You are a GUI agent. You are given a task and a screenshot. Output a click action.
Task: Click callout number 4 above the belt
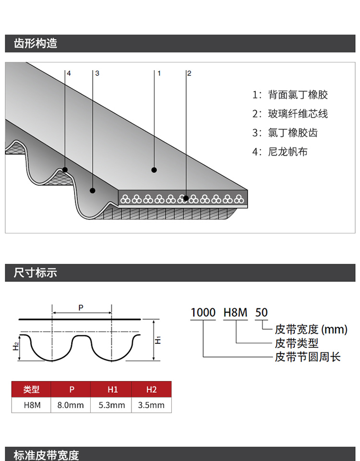tap(69, 73)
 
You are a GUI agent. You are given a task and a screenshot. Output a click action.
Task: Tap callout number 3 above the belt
tap(97, 73)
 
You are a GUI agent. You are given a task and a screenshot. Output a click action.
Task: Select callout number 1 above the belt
tap(159, 73)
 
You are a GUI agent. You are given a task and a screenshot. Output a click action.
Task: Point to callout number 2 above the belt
tap(189, 73)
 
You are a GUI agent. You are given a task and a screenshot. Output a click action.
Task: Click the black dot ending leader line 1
tap(154, 170)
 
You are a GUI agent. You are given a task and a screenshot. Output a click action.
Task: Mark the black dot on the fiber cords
tap(186, 198)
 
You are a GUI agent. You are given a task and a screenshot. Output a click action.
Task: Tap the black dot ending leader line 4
tap(65, 170)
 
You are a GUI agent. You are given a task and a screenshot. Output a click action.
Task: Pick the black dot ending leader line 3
tap(93, 191)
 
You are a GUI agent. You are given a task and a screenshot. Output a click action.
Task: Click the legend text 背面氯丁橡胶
tap(298, 95)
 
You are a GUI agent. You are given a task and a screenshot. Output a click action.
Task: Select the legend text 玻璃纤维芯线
tap(298, 114)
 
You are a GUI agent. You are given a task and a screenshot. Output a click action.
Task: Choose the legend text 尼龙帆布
tap(288, 152)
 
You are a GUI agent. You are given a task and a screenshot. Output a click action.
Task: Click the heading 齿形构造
tap(35, 44)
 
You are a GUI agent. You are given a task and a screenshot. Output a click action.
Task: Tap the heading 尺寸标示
tap(35, 273)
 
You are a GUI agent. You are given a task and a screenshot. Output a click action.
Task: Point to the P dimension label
tap(81, 307)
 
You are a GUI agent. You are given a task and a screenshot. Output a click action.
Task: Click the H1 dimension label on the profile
tap(158, 340)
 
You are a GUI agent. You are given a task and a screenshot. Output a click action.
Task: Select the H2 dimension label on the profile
tap(15, 346)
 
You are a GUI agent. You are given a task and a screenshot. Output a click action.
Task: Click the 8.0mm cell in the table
tap(71, 405)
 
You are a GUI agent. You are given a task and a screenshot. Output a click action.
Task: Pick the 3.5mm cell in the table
tap(151, 405)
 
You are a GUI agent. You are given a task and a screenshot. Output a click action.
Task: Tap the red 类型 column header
tap(31, 389)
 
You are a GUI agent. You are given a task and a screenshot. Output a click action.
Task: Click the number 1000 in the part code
tap(203, 313)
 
